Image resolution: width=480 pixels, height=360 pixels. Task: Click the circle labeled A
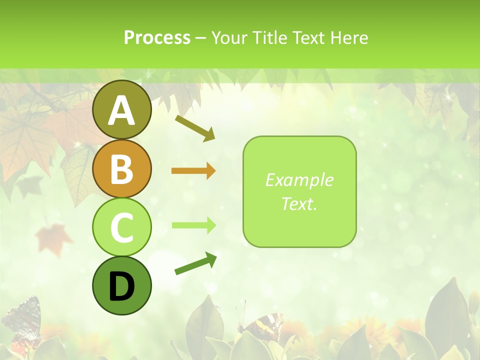click(121, 110)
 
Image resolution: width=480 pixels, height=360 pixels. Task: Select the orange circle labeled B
click(121, 169)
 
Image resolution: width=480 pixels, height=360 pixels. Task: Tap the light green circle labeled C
click(121, 227)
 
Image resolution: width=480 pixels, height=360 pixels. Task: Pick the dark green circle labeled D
click(121, 286)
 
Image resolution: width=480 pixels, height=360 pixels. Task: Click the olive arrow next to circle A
click(195, 128)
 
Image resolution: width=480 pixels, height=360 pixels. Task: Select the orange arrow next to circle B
click(193, 171)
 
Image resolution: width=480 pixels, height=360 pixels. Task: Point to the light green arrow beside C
click(193, 225)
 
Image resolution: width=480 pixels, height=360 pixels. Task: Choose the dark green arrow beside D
click(195, 264)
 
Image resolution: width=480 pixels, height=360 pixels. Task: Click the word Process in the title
click(157, 38)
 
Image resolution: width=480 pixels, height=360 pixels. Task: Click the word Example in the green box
click(299, 180)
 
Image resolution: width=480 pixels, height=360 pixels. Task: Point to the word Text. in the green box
click(299, 204)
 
